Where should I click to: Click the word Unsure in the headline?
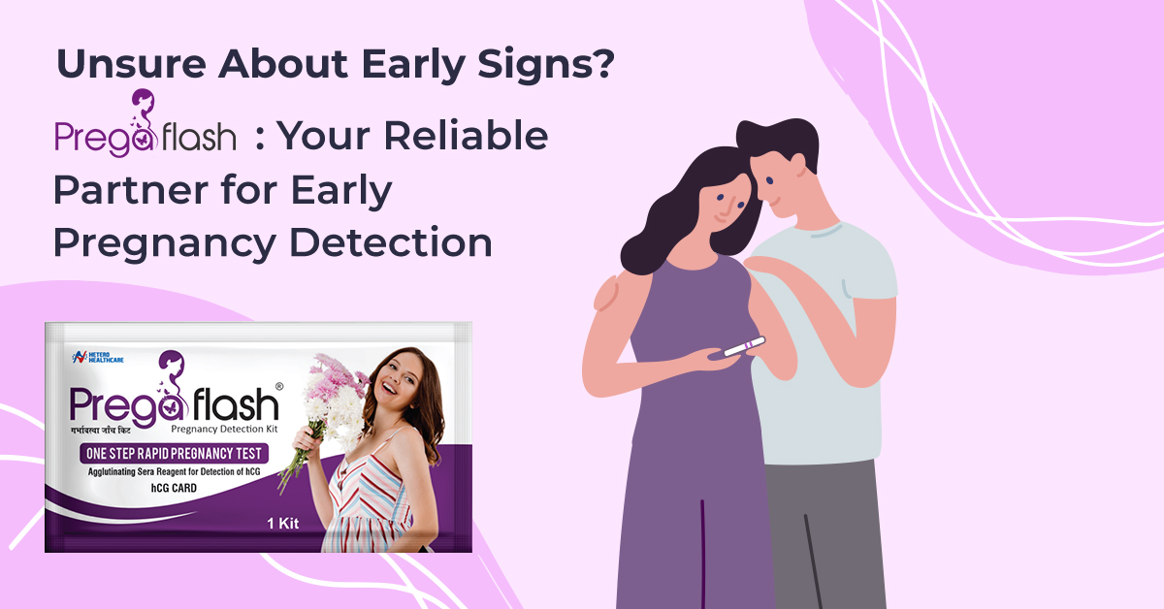click(131, 64)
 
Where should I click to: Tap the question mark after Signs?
click(603, 63)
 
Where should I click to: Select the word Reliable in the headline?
click(467, 136)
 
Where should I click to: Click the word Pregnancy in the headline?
click(165, 244)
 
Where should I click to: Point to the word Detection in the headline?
click(391, 242)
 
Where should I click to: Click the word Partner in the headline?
click(130, 190)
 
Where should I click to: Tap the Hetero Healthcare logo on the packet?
click(98, 357)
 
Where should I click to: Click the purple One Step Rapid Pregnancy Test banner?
click(174, 454)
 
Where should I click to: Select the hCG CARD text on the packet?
click(174, 488)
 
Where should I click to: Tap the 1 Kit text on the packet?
click(283, 524)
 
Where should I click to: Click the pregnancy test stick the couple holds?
click(745, 346)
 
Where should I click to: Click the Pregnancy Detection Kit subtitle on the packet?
click(224, 430)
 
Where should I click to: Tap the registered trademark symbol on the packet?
click(279, 387)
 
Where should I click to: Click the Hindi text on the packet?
click(101, 431)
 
